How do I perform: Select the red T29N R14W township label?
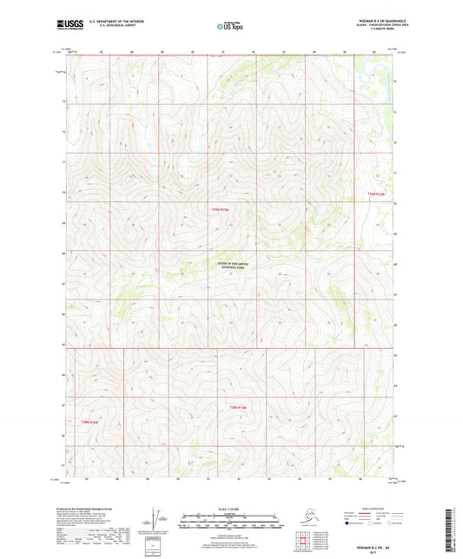tap(374, 194)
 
